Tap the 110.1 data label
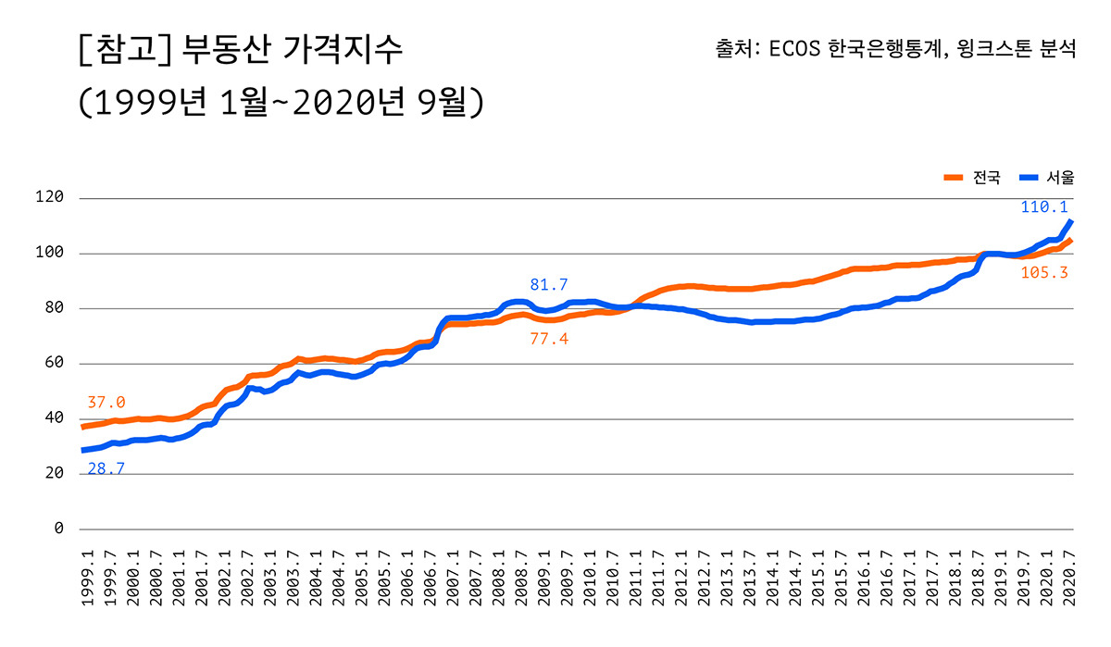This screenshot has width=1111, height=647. (1044, 207)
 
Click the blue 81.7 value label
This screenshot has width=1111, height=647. (549, 284)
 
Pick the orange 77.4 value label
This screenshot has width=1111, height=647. (549, 340)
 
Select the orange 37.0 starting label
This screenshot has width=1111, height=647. (106, 403)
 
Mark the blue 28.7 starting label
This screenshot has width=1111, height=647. (106, 469)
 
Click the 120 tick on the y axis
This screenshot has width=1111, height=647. (50, 198)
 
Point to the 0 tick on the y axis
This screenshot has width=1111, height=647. (58, 529)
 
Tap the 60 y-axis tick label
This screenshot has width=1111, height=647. (54, 363)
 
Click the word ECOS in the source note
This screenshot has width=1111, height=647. (797, 47)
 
